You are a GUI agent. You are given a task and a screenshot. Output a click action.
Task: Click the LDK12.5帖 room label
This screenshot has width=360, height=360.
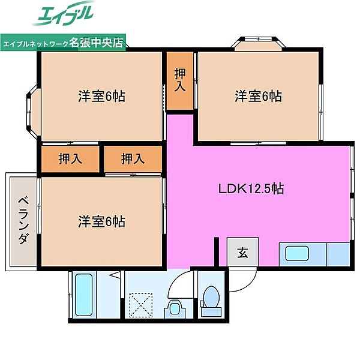[x=251, y=189]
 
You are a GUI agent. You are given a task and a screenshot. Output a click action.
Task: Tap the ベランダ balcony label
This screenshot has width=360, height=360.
[x=23, y=220]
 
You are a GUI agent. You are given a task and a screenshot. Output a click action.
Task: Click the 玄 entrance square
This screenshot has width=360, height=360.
[x=242, y=252]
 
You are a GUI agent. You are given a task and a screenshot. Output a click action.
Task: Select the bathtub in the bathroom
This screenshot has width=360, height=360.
[x=84, y=295]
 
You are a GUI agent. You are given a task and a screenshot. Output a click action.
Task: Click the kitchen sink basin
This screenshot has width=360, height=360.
[x=297, y=253]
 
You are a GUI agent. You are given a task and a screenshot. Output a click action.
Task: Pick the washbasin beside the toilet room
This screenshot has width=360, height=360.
[x=175, y=309]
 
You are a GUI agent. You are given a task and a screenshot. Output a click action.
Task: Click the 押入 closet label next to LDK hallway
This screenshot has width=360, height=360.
[x=180, y=80]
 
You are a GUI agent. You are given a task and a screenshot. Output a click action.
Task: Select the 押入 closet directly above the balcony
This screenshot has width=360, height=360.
[x=70, y=159]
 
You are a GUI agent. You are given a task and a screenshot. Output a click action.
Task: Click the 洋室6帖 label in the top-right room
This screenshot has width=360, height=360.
[x=258, y=96]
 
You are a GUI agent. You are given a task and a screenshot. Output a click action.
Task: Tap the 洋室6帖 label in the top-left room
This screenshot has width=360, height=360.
[x=101, y=96]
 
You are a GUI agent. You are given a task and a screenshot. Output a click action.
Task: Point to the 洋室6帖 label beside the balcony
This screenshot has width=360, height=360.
[x=101, y=221]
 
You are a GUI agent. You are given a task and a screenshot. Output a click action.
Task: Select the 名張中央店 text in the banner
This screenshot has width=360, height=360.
[x=96, y=43]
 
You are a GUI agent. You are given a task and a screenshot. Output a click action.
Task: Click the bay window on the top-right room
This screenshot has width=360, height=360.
[x=259, y=44]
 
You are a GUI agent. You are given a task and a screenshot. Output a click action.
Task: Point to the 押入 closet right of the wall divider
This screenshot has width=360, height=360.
[x=133, y=159]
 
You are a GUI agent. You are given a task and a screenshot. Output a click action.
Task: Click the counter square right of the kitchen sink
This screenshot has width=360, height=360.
[x=338, y=254]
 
